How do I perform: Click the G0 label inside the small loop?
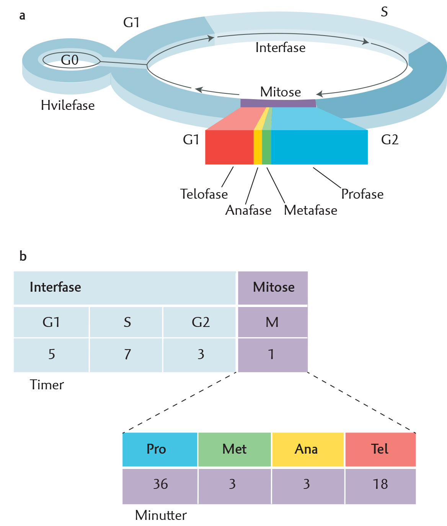point(70,60)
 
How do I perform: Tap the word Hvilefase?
point(68,105)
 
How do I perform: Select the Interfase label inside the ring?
point(281,47)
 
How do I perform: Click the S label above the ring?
point(384,12)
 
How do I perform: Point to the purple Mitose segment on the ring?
point(278,103)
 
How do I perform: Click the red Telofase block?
point(230,147)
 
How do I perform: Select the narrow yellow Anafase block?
point(258,147)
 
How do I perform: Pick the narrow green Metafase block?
point(267,147)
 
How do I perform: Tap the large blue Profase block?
point(319,147)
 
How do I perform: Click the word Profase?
point(362,194)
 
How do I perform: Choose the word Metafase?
point(310,210)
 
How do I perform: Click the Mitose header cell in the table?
point(273,288)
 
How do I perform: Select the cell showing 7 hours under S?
point(126,355)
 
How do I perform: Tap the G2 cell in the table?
point(199,322)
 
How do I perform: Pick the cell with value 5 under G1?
point(51,355)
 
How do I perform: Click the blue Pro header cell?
point(160,449)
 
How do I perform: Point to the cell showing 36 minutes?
point(160,486)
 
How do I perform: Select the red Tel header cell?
point(380,449)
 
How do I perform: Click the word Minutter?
point(161,516)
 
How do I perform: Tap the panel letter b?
point(23,256)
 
